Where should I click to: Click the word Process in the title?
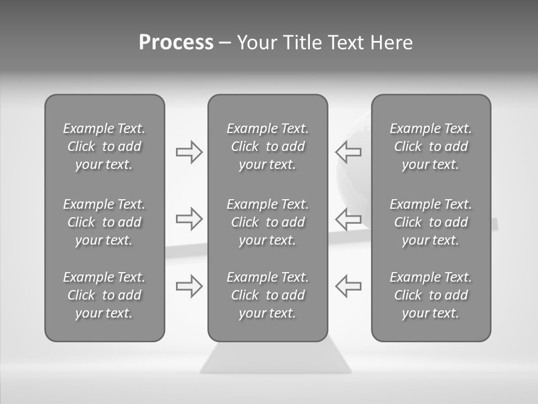[x=176, y=43]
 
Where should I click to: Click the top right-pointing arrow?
[x=189, y=152]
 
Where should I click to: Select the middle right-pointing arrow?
[x=189, y=219]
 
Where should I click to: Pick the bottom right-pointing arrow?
[x=189, y=286]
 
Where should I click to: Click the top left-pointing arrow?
[x=348, y=152]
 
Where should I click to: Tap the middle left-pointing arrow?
[x=348, y=219]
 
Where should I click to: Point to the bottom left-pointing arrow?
[x=348, y=286]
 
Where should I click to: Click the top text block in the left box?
[x=104, y=146]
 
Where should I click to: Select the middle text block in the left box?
[x=104, y=222]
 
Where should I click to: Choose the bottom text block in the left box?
[x=104, y=295]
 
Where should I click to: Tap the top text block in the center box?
[x=268, y=146]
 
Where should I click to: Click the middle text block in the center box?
[x=268, y=222]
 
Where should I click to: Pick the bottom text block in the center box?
[x=268, y=295]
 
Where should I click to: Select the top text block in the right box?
[x=431, y=146]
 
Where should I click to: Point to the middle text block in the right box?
[x=431, y=222]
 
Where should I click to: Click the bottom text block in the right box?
[x=431, y=295]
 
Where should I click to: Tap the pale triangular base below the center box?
[x=276, y=359]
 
